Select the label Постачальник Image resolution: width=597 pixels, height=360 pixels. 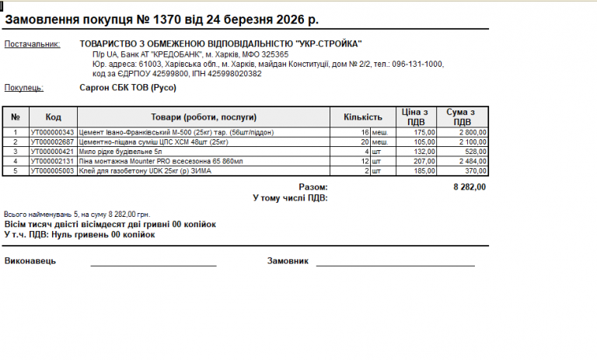32,44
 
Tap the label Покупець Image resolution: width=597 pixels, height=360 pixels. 24,89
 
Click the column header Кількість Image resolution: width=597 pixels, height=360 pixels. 363,117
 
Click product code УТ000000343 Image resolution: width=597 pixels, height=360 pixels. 52,133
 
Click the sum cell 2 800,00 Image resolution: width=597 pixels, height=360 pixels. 470,133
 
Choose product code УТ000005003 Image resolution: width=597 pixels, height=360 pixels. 52,170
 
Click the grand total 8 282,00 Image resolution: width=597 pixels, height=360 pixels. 470,187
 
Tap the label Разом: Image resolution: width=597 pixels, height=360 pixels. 313,187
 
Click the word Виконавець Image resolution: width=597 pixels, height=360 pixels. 30,261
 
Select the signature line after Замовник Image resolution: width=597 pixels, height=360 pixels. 394,264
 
